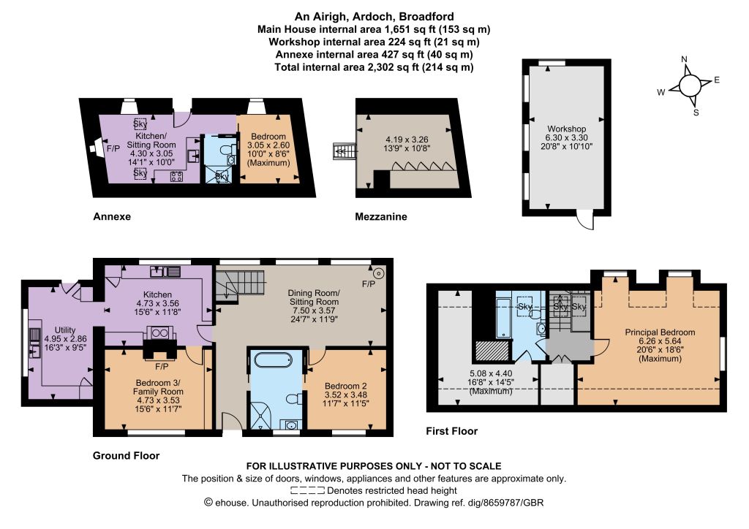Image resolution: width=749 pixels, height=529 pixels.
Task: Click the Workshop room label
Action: coord(567,129)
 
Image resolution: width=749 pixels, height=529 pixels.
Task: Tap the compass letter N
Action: coord(684,59)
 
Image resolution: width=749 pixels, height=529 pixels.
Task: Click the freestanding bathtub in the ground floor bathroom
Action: coord(272,360)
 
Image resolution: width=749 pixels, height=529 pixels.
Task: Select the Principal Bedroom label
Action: coord(660,332)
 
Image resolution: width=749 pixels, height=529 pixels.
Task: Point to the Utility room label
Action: coord(65,330)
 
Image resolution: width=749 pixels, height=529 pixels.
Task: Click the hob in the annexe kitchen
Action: coord(176,177)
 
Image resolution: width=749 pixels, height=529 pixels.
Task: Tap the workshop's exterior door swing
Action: coord(585,220)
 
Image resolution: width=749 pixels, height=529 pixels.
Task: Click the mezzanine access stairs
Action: coord(345,151)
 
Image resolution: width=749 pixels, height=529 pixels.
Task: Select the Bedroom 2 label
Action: coord(346,386)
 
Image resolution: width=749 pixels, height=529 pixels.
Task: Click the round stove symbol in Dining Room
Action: coord(379,273)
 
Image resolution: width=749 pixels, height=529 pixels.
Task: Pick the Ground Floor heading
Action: coord(126,455)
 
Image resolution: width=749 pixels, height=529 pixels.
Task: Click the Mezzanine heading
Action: coord(381,216)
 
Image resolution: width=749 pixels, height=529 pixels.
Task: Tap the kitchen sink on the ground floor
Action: coord(165,272)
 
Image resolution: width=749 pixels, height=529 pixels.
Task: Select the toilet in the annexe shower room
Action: coord(225,150)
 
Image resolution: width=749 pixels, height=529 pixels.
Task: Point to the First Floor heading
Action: coord(452,431)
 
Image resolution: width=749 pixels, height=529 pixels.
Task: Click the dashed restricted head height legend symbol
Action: coord(308,490)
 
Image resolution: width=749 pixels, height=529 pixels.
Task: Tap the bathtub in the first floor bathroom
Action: coord(504,318)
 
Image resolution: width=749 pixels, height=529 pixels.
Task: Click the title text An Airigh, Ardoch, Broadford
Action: coord(374,17)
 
